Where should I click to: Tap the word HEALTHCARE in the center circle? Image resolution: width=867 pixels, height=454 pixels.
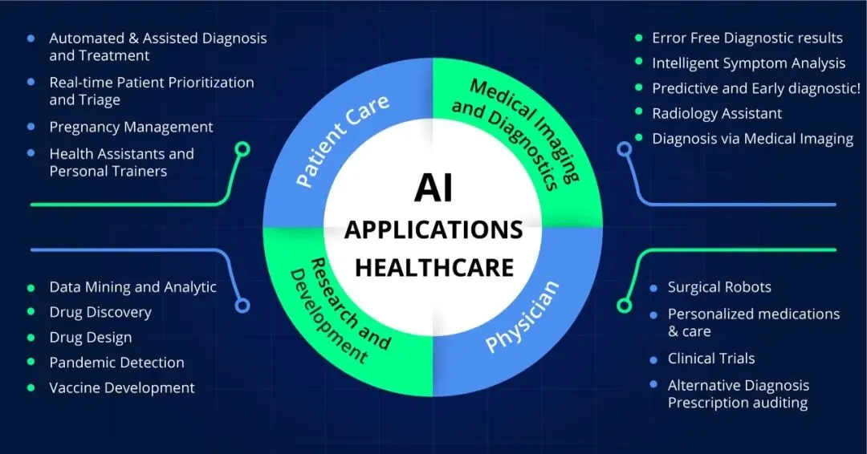tap(433, 267)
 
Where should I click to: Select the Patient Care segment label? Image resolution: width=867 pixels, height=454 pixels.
tap(342, 140)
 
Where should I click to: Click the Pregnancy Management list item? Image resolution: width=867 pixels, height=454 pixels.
tap(131, 127)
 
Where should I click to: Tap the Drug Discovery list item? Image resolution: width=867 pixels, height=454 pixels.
tap(100, 312)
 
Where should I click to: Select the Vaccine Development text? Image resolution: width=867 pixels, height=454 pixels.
tap(122, 387)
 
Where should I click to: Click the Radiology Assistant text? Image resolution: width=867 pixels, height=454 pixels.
tap(717, 113)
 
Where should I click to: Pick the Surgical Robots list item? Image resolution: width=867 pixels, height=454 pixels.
tap(719, 287)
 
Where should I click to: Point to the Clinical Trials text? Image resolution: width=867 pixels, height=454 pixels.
tap(711, 358)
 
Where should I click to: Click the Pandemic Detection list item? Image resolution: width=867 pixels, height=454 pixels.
tap(116, 363)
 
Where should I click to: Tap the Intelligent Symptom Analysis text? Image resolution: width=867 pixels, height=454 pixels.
tap(748, 63)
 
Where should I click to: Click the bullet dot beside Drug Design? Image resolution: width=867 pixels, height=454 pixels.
tap(31, 338)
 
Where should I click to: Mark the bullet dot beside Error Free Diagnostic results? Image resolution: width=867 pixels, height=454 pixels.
tap(638, 38)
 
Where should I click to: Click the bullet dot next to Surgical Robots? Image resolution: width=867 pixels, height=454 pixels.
tap(653, 287)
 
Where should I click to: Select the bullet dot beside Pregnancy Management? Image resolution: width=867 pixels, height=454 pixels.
tap(31, 127)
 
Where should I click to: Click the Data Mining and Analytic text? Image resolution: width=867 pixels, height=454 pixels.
tap(132, 287)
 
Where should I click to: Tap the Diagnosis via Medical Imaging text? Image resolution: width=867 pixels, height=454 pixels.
tap(752, 139)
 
